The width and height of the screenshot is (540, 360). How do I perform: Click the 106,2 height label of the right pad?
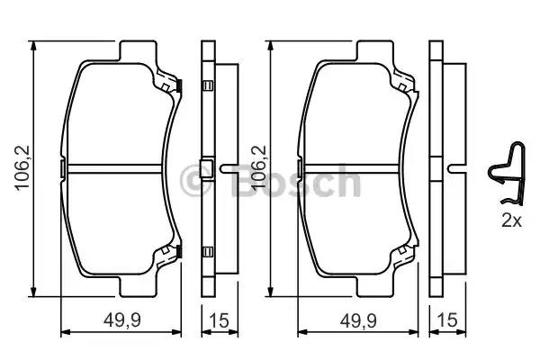point(257,168)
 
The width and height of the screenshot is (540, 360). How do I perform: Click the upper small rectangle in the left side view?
point(208,87)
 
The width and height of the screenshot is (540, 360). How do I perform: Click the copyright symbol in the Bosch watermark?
point(195,180)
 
